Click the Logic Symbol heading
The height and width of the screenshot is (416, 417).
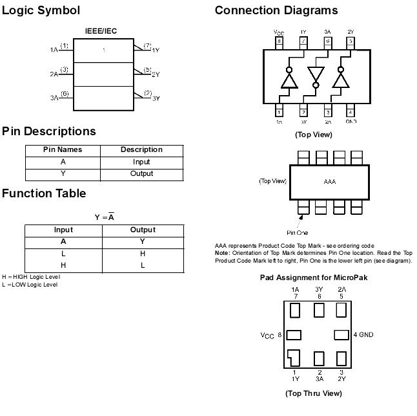(41, 10)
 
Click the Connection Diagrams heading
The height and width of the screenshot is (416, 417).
(276, 10)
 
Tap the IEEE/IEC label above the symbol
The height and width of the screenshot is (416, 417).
(101, 32)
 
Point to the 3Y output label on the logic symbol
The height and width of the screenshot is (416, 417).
(156, 98)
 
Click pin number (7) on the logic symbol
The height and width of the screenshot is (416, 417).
(147, 45)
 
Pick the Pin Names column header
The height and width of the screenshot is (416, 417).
(63, 149)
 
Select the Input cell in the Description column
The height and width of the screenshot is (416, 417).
(141, 162)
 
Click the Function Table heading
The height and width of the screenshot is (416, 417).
(44, 193)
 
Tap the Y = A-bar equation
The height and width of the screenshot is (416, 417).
(104, 217)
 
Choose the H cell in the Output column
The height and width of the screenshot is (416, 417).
(143, 254)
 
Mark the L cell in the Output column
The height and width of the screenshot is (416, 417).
(143, 265)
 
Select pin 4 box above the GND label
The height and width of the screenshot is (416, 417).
(351, 112)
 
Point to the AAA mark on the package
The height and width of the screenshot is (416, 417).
(330, 182)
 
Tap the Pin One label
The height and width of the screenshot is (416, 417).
(297, 232)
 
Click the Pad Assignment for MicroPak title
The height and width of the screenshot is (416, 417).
(313, 278)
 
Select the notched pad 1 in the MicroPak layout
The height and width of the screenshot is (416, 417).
(294, 357)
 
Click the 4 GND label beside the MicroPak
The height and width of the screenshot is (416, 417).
(363, 335)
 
